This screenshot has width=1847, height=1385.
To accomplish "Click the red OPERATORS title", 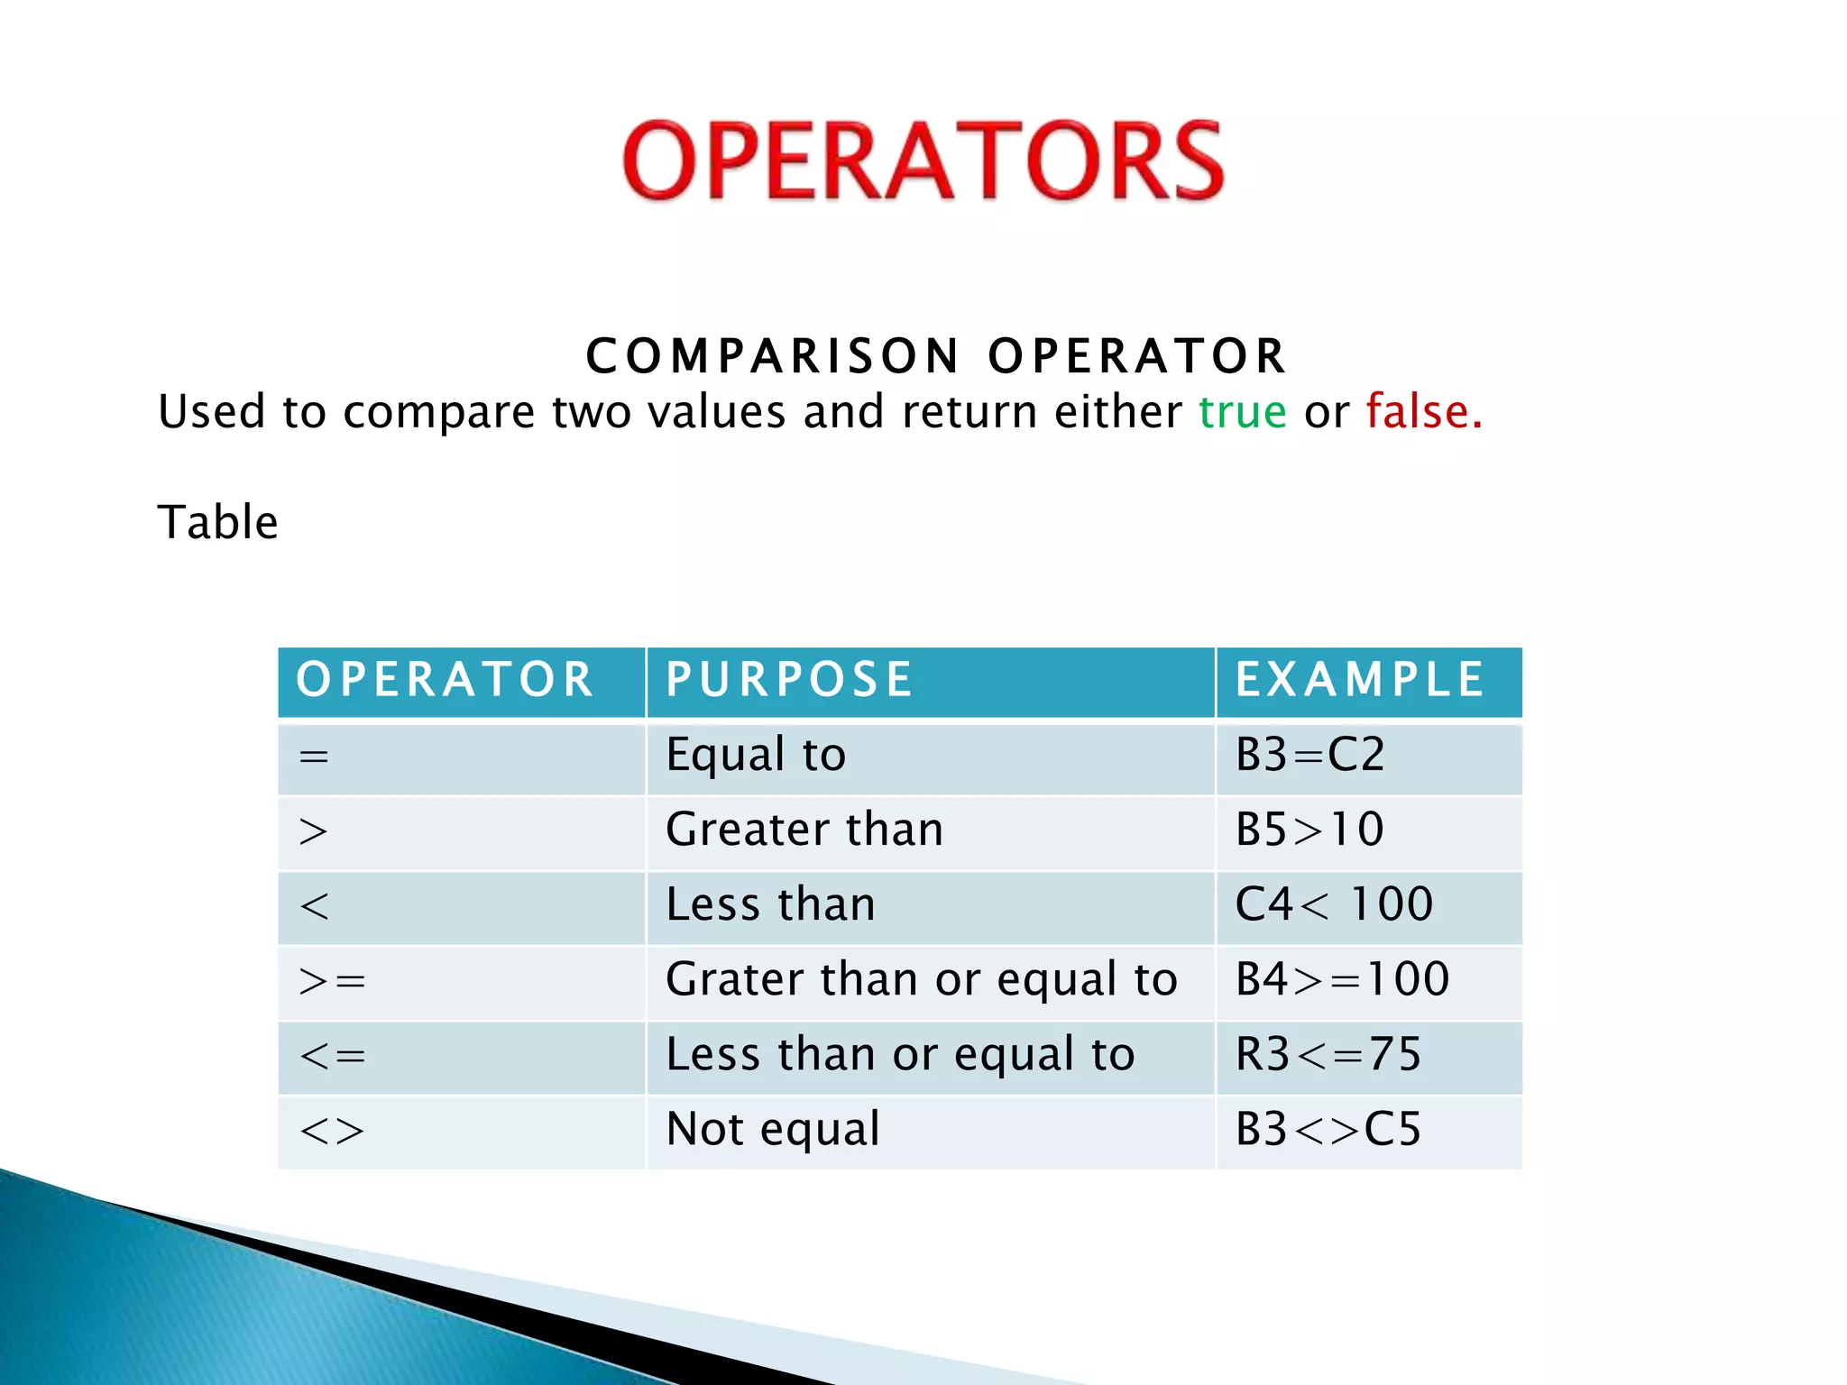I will [923, 161].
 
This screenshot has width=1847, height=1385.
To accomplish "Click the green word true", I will [1242, 412].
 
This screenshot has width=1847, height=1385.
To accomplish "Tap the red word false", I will [1423, 412].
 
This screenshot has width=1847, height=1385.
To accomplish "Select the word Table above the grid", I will [217, 522].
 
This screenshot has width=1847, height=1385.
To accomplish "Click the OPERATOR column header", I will [445, 680].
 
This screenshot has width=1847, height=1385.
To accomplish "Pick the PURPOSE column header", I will [789, 680].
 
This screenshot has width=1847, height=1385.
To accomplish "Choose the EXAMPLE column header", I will [1359, 680].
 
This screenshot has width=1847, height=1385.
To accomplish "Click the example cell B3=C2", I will [1309, 755].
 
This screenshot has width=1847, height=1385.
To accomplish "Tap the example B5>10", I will [1309, 830].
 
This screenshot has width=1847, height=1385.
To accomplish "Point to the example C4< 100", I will [1333, 904].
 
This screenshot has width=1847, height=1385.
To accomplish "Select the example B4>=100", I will [1342, 979].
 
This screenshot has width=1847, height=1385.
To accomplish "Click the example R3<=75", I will [1328, 1054].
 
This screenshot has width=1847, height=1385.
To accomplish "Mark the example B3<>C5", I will [1328, 1129].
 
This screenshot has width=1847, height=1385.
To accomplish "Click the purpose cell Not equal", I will [773, 1129].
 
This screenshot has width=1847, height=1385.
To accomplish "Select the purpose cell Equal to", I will [756, 755].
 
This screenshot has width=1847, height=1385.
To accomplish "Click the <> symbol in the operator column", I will [332, 1131].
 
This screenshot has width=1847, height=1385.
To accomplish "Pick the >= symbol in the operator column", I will [332, 981].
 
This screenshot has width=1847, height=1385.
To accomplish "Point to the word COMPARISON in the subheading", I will [773, 356].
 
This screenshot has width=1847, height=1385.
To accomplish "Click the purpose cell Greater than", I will [804, 830].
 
